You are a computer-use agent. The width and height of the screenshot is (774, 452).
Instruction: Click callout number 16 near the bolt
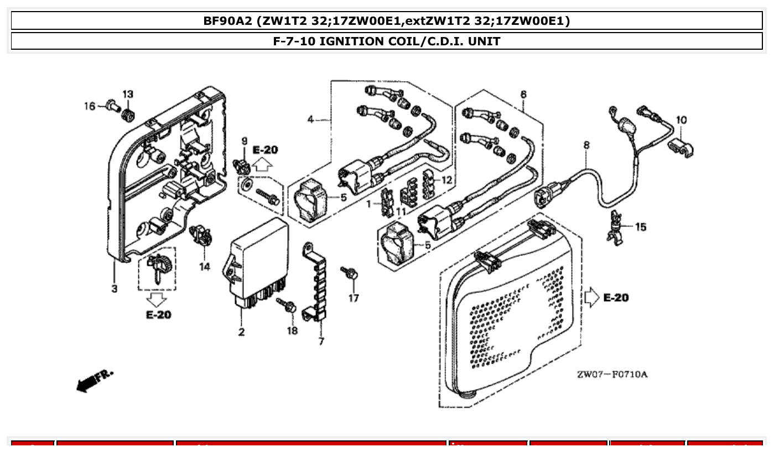[90, 106]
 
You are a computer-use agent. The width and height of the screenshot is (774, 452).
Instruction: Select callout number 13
[128, 94]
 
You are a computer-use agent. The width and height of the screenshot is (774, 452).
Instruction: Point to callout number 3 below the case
[114, 288]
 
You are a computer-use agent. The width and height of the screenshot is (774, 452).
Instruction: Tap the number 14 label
[205, 267]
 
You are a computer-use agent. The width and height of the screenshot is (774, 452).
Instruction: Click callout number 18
[292, 330]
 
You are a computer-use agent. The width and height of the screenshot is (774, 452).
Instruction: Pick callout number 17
[354, 298]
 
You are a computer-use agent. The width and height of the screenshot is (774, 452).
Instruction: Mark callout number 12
[446, 180]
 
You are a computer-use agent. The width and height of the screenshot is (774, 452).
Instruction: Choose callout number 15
[640, 227]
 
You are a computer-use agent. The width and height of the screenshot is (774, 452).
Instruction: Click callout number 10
[682, 119]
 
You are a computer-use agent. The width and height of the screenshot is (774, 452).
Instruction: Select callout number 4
[311, 119]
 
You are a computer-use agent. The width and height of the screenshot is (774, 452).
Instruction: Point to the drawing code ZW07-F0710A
[612, 375]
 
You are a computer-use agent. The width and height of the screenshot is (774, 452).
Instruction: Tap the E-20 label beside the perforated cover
[615, 298]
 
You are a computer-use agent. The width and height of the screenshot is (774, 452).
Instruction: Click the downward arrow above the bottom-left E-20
[158, 300]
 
